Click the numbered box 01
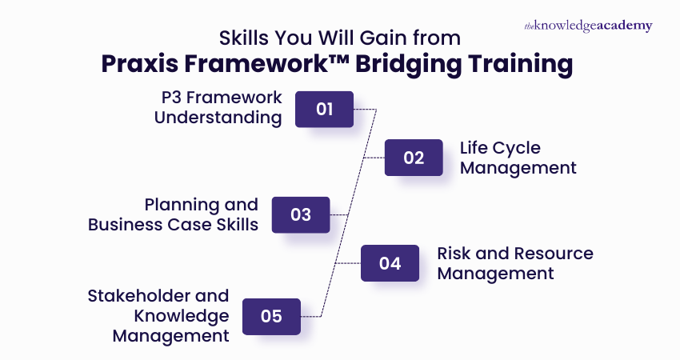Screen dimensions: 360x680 pos(324,109)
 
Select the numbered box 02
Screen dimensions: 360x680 pos(413,158)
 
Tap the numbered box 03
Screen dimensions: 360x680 pos(300,214)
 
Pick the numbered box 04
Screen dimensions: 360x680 pos(390,263)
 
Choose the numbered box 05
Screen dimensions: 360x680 pos(271,316)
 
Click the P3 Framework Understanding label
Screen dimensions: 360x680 pos(218,107)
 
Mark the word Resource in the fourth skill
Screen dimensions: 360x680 pos(551,254)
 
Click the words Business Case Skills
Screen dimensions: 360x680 pos(173,225)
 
